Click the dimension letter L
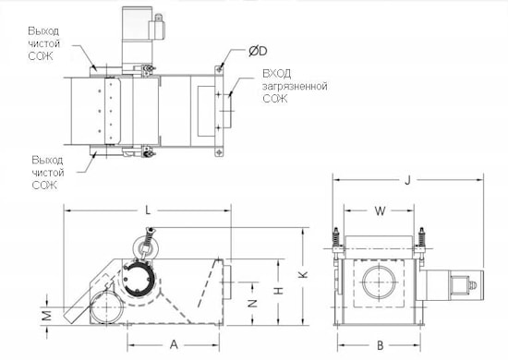148,210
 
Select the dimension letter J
407,180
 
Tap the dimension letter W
380,211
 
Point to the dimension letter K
303,274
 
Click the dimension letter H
279,291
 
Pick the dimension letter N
252,303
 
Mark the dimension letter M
47,316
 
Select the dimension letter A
174,344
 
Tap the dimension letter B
381,345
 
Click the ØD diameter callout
258,51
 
